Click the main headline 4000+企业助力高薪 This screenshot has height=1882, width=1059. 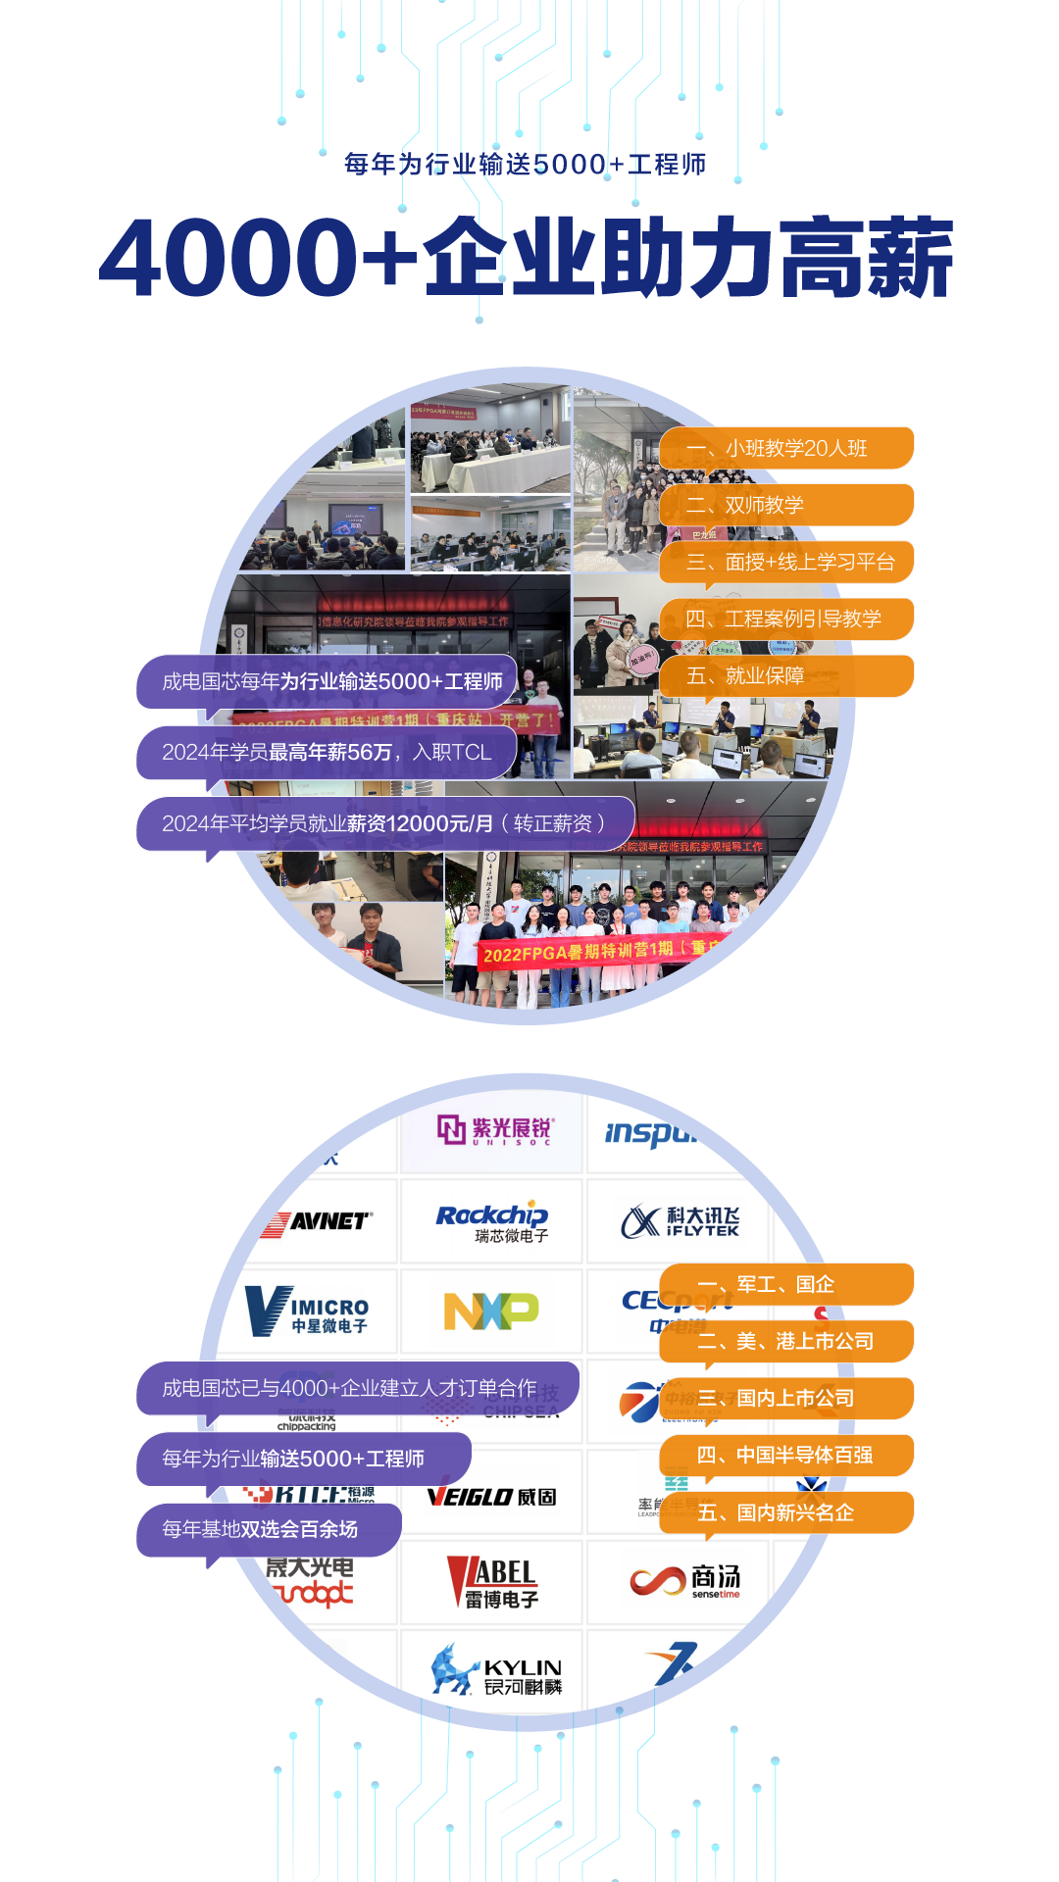tap(527, 257)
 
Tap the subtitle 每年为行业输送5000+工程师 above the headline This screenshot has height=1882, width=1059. tap(526, 164)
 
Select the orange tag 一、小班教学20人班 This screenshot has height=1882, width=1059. tap(786, 448)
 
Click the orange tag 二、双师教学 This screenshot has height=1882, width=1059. tap(786, 505)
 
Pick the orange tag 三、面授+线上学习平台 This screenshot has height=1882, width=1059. tap(786, 562)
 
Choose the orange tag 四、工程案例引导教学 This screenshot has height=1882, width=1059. tap(786, 619)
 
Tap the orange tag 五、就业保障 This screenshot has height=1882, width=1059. tap(786, 675)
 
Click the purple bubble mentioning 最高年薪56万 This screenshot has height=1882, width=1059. tap(327, 752)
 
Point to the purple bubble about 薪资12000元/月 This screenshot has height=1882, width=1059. tap(384, 823)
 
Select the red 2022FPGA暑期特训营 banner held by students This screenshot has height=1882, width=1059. tap(598, 951)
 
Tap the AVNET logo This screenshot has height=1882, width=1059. tap(317, 1221)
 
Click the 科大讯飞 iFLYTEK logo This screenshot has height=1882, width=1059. tap(681, 1221)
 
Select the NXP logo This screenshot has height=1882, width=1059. tap(491, 1311)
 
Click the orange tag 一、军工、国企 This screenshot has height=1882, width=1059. tap(786, 1284)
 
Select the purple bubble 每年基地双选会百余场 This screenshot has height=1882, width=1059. tap(269, 1529)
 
